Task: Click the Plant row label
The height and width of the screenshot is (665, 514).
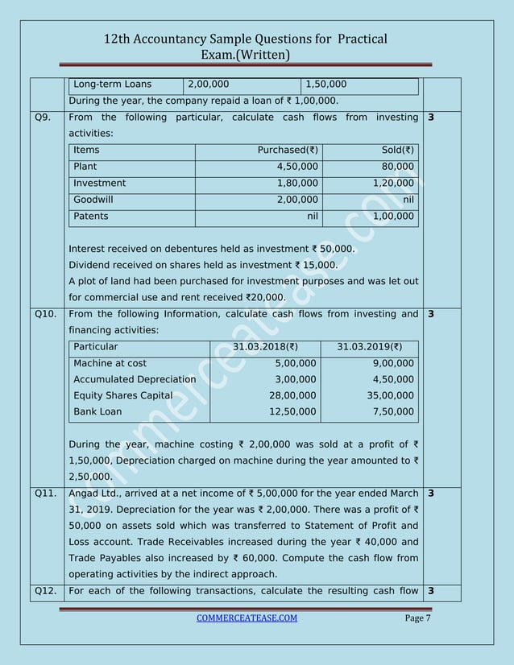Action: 85,167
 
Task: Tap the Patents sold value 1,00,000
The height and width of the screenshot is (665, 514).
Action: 388,217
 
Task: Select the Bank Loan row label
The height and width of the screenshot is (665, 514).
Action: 98,411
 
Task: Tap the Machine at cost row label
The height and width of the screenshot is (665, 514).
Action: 110,363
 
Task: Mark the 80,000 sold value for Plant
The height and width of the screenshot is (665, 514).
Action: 397,167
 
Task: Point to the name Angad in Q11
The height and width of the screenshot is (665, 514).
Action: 87,493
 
